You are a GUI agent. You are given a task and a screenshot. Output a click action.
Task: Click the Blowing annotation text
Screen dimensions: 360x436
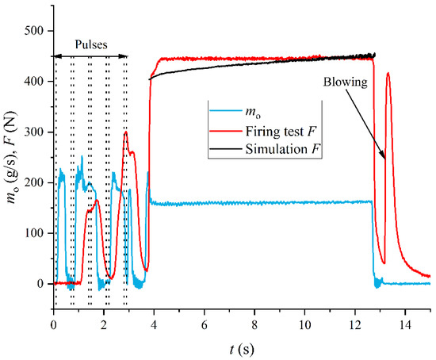pos(343,80)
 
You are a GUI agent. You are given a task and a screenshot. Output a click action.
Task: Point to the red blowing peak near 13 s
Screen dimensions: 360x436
pos(388,74)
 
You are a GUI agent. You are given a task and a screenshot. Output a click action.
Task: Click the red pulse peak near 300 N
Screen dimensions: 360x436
pos(125,132)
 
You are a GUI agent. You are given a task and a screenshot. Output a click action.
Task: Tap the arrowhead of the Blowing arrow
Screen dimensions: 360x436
pos(386,160)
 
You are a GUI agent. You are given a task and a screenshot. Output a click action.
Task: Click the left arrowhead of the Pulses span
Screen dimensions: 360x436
pos(55,56)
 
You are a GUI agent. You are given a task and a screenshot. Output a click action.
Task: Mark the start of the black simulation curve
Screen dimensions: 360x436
pos(150,79)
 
